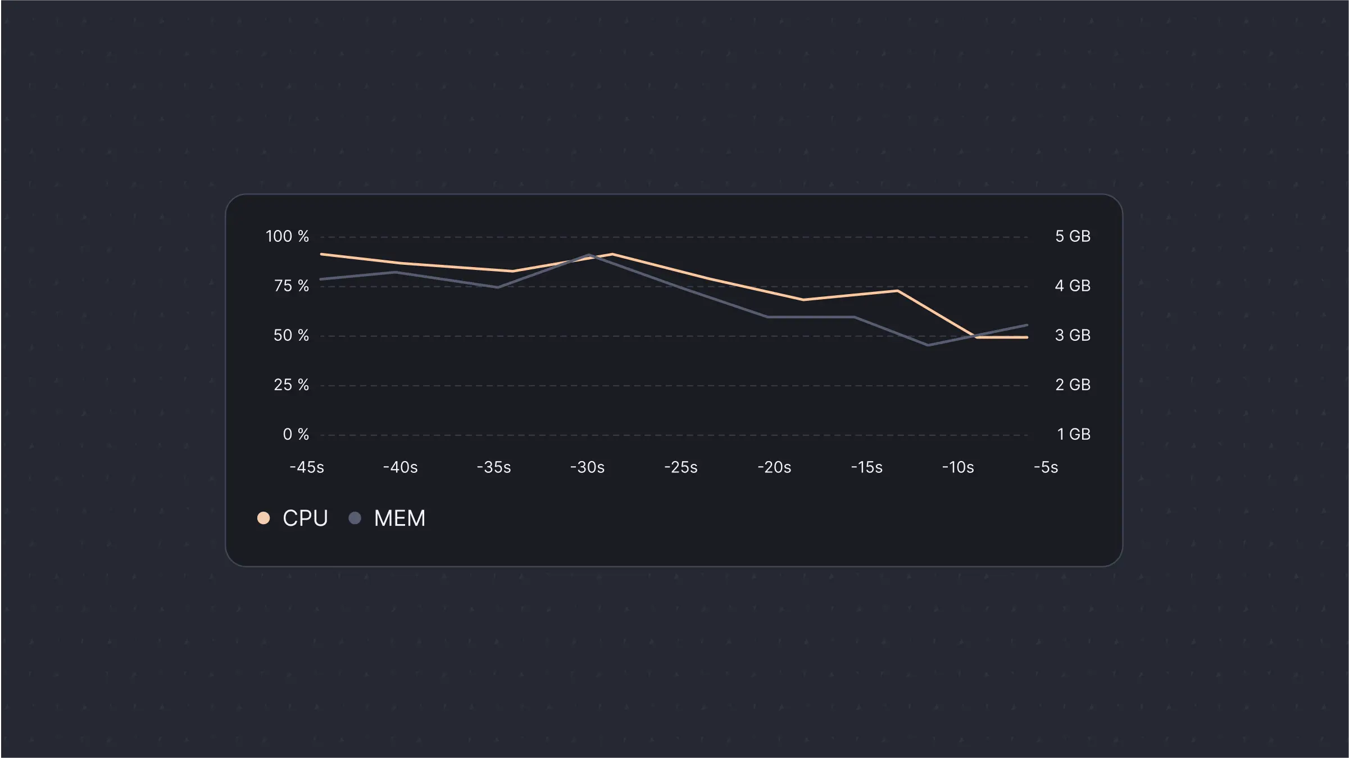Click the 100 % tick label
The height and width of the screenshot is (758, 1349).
(287, 236)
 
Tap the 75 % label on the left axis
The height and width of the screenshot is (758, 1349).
(291, 286)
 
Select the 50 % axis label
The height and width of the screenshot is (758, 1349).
(291, 335)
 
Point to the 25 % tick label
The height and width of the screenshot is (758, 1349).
(291, 385)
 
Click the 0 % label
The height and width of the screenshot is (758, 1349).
(296, 434)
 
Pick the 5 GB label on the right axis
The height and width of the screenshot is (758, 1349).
(1073, 236)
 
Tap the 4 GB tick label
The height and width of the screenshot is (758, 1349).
(1073, 286)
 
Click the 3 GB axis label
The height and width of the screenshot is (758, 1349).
(1073, 335)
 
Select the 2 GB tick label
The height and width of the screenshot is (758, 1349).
(1073, 385)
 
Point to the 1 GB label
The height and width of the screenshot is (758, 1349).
(1073, 434)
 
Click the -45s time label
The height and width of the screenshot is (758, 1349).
(307, 467)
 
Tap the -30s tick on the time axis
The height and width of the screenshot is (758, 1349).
(587, 467)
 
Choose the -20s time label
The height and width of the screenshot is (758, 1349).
(774, 467)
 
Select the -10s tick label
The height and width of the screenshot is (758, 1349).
(958, 467)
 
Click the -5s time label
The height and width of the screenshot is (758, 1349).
(1046, 467)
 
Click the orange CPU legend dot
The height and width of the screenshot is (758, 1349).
(264, 518)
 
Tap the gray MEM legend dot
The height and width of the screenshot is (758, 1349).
(355, 518)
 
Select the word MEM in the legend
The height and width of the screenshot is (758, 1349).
(399, 518)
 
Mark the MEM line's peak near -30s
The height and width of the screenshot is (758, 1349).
(589, 255)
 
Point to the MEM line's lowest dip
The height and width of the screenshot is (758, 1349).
(928, 345)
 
